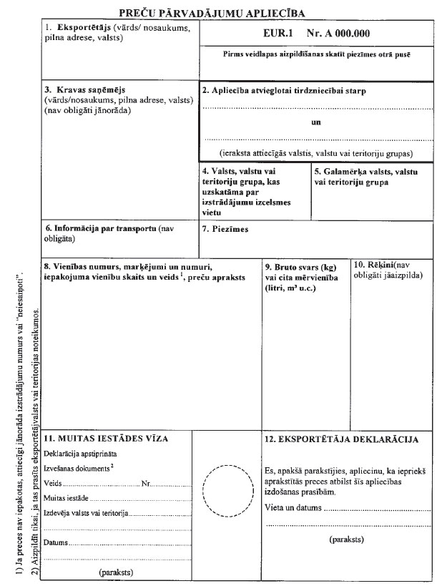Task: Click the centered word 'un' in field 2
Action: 317,122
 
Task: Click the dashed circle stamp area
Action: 225,490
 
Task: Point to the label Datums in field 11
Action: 56,543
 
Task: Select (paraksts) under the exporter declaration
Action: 348,539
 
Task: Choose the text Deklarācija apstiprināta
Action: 80,454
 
